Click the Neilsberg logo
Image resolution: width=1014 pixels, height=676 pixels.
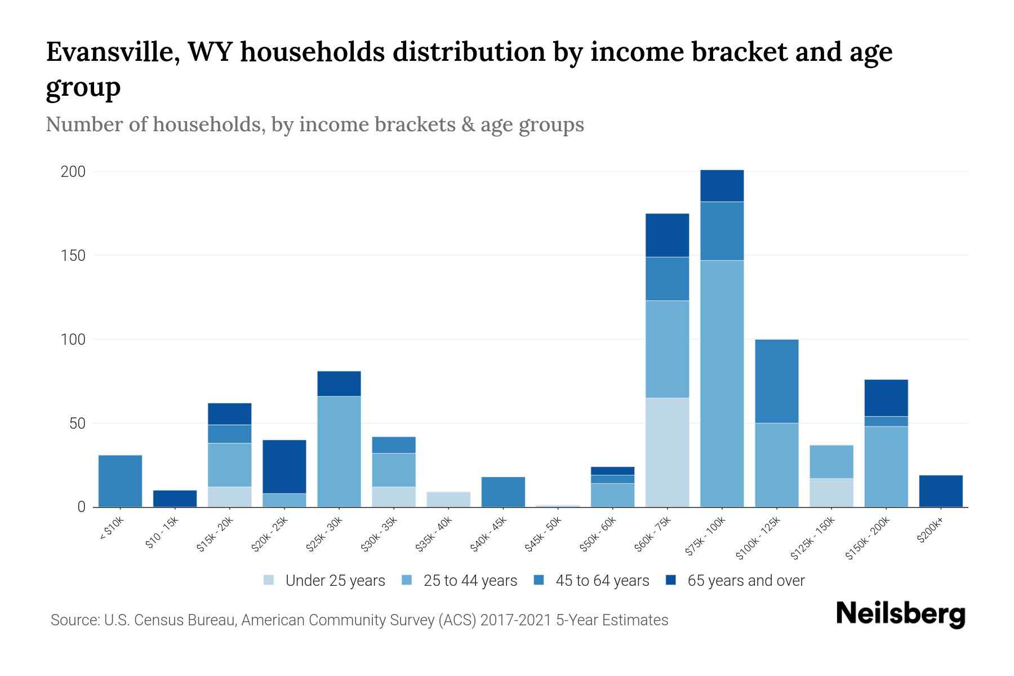[900, 614]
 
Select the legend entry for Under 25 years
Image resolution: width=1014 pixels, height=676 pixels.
[324, 581]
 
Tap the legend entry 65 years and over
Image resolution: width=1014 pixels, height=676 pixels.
[735, 581]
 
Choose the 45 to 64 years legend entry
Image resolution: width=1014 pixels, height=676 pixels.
[591, 581]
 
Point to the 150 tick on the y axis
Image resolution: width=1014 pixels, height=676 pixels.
[73, 256]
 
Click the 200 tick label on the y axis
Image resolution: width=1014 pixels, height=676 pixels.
[73, 172]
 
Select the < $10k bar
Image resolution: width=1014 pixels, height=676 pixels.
[120, 481]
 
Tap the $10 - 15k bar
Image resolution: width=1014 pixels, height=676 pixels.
[175, 499]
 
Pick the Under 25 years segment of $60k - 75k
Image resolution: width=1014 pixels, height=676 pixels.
[667, 452]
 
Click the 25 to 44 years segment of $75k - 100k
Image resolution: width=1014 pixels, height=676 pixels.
[722, 383]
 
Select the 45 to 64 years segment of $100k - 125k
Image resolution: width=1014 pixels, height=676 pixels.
[776, 381]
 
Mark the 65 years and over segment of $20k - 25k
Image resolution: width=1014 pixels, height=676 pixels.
[284, 466]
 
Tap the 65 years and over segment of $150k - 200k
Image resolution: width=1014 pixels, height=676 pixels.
[886, 398]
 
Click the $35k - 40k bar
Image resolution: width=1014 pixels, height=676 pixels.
[448, 499]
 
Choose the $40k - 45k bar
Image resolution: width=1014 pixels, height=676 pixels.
[503, 492]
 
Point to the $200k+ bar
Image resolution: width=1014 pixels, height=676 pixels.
[941, 491]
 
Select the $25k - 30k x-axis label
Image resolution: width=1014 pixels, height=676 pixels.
[324, 535]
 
